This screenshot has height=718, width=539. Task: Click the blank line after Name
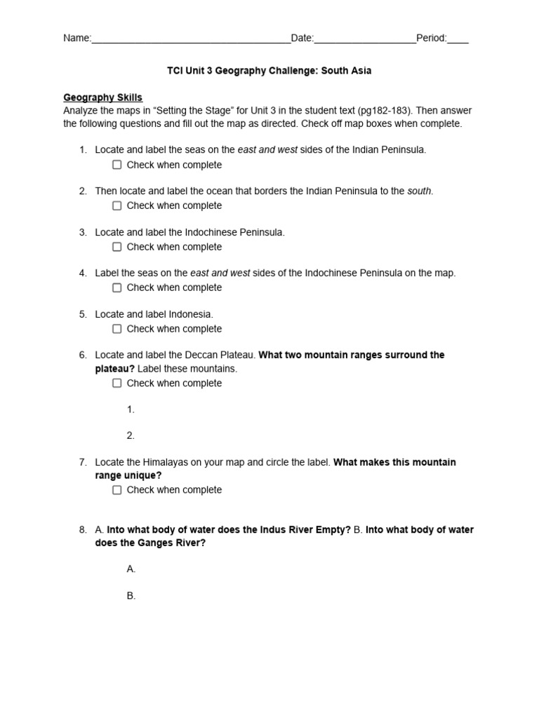pos(191,39)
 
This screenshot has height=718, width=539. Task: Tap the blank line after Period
pos(458,39)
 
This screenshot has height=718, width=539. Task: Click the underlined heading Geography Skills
pos(102,97)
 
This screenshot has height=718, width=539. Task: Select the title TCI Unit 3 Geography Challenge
pos(269,71)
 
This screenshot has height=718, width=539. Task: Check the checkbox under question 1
pos(117,165)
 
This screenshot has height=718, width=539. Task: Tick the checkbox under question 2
pos(117,205)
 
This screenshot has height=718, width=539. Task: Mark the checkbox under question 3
pos(117,247)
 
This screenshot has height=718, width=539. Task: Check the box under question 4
pos(117,287)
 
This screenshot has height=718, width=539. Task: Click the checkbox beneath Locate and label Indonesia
pos(117,328)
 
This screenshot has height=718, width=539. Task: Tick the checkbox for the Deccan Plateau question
pos(117,383)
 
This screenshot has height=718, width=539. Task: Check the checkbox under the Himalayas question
pos(117,490)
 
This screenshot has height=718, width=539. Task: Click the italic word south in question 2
pos(420,191)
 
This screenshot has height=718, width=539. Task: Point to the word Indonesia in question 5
pos(190,314)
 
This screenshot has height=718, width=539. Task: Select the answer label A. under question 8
pos(131,569)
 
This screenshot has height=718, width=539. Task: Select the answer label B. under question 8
pos(131,596)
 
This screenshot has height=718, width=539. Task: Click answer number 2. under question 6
pos(131,435)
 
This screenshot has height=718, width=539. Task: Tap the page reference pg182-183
pos(382,111)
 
